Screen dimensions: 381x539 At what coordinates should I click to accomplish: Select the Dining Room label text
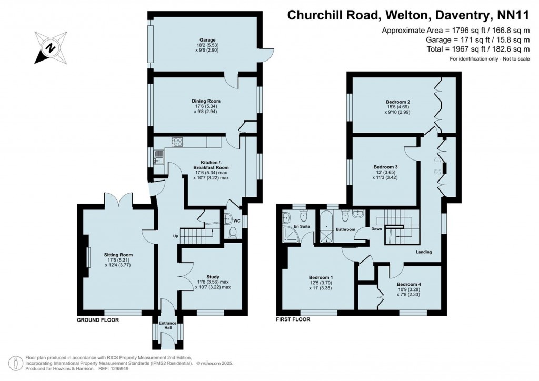point(206,101)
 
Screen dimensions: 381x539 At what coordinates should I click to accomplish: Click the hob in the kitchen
point(178,142)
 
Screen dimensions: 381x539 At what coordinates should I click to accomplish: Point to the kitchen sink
point(158,156)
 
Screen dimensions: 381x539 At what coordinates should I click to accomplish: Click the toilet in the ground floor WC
point(234,233)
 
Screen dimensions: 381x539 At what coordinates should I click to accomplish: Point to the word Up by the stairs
point(175,236)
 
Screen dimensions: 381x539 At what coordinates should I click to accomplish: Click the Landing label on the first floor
point(424,252)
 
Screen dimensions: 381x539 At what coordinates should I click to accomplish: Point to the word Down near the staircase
point(376,229)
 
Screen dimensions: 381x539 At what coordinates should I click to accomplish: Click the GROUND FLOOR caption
point(98,319)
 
